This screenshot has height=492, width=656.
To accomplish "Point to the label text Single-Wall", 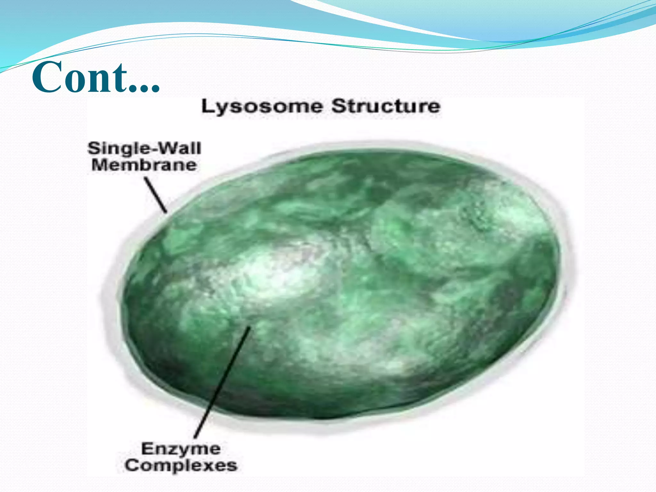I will click(144, 148).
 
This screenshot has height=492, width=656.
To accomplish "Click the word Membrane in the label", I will click(144, 165).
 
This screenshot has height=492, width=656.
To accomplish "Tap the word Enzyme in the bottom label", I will click(181, 449).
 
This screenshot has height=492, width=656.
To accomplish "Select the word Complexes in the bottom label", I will click(181, 465).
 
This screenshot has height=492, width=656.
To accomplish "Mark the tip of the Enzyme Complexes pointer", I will click(250, 327).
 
